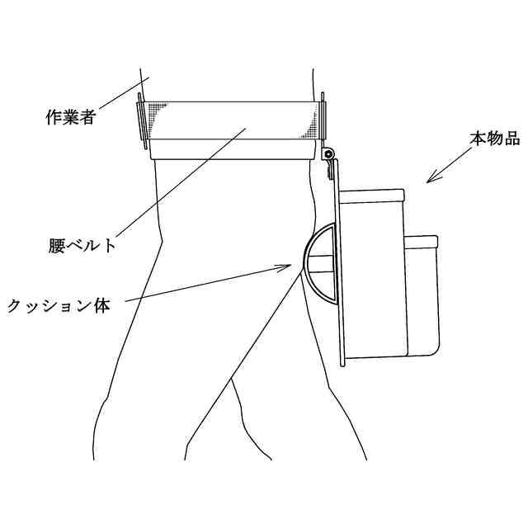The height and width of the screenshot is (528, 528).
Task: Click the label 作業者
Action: pos(70,116)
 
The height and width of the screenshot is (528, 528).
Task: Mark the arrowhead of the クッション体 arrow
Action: pos(291,266)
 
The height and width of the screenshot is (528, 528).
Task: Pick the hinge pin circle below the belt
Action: pos(328,154)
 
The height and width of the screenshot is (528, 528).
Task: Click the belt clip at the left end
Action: pos(140,120)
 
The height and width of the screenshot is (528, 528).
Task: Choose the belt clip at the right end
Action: pos(324,120)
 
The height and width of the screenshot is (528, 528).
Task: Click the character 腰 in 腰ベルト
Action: pos(57,245)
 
